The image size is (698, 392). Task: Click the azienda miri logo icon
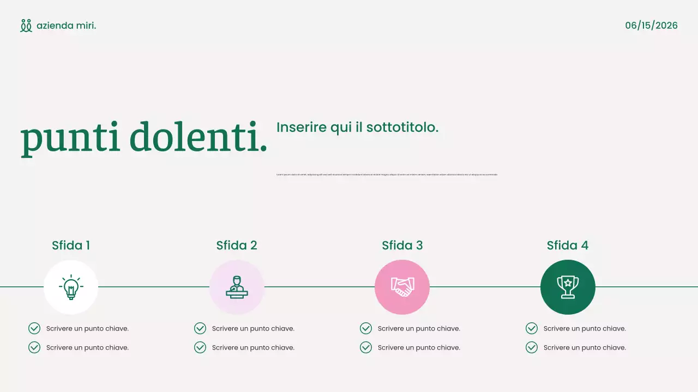click(x=26, y=26)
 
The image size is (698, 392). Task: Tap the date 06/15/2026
click(x=651, y=26)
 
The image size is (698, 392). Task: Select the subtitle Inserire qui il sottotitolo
click(x=357, y=127)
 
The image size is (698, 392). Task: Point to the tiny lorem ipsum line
click(x=387, y=174)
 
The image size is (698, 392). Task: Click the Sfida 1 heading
click(x=71, y=246)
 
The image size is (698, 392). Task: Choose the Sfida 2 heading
click(x=237, y=246)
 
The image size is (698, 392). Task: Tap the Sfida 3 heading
click(x=402, y=246)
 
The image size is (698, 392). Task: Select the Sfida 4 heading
click(x=568, y=246)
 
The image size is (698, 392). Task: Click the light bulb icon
click(x=71, y=287)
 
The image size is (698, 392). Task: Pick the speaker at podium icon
click(x=237, y=287)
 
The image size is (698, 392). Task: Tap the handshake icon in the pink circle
click(x=402, y=287)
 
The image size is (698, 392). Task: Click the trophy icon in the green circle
click(x=568, y=287)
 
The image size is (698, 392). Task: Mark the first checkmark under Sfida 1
click(x=34, y=328)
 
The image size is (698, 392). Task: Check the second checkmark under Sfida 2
click(x=200, y=347)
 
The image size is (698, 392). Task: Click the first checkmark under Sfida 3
click(x=366, y=328)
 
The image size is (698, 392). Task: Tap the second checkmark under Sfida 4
click(x=532, y=347)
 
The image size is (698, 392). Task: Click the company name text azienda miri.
click(x=66, y=26)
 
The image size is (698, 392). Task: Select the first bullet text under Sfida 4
click(x=585, y=328)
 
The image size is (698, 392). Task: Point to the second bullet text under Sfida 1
click(x=87, y=347)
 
